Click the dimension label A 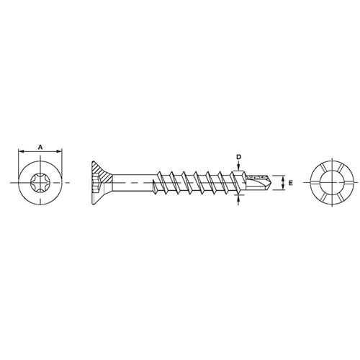(40, 147)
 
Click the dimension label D (238, 157)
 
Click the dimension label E (291, 183)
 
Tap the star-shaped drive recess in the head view (40, 183)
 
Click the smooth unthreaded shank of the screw (132, 183)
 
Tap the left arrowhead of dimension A (21, 151)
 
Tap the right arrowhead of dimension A (59, 151)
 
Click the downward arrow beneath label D (238, 166)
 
